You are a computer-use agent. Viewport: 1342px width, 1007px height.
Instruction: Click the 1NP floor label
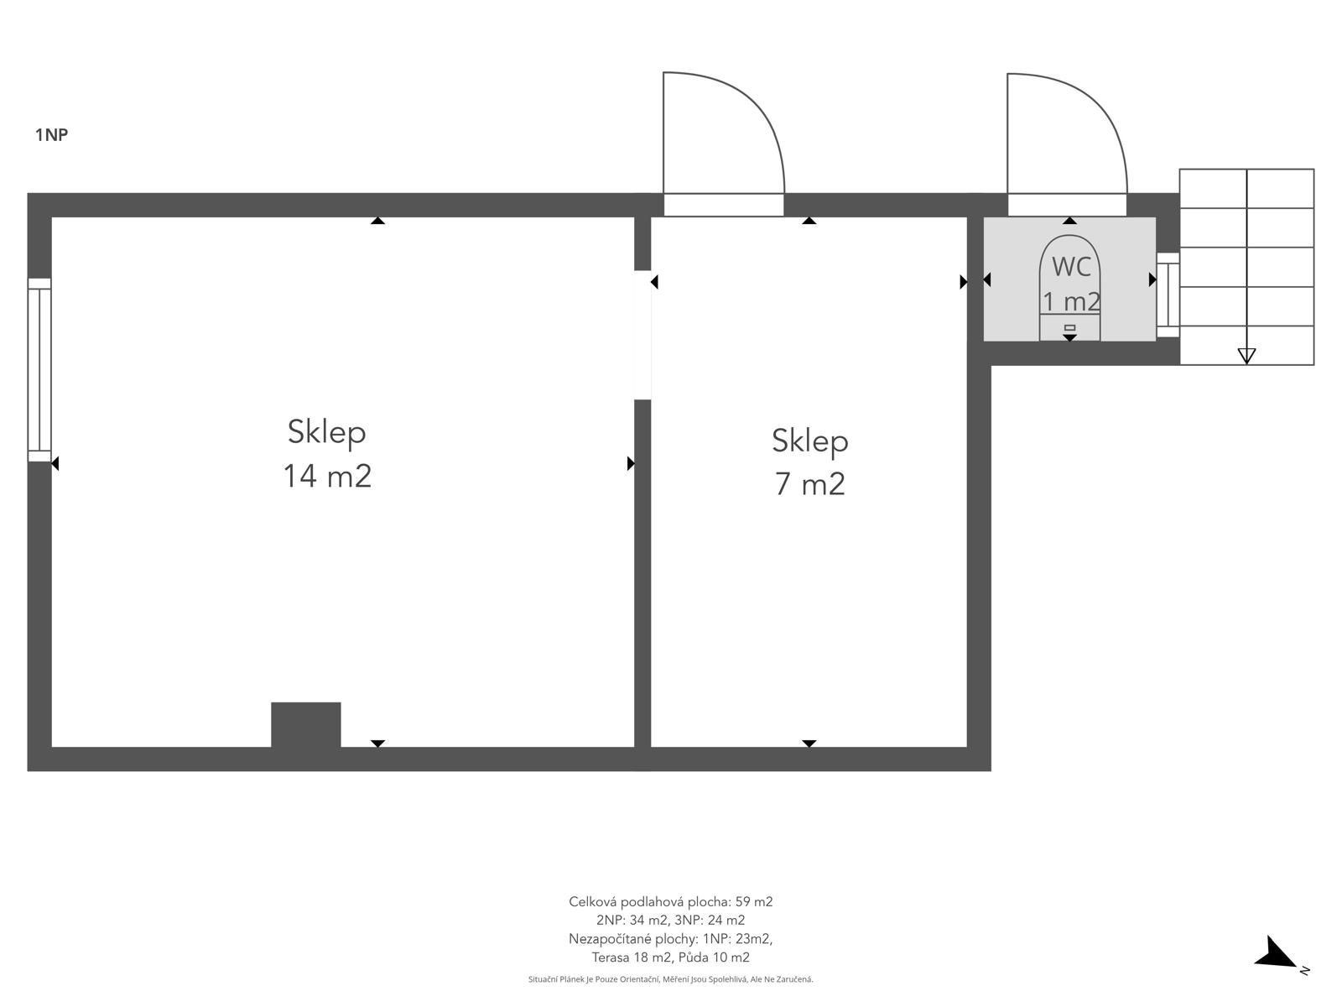coord(51,134)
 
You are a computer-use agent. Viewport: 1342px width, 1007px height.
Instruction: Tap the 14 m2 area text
coord(327,476)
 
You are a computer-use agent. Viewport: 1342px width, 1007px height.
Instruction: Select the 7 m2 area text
coord(809,484)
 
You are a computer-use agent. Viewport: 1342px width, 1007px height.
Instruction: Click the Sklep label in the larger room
coord(326,432)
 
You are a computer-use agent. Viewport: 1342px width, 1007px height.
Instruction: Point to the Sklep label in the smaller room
coord(809,441)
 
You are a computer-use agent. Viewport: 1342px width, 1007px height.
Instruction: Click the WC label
coord(1071,267)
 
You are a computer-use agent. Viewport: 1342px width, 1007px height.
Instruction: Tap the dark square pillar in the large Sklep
coord(305,724)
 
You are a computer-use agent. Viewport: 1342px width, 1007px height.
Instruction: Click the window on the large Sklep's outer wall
coord(39,369)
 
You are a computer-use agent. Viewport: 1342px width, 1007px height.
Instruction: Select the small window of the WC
coord(1168,295)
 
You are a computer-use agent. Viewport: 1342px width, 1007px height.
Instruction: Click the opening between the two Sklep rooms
coord(642,335)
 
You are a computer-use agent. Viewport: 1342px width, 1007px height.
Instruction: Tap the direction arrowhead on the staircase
coord(1246,355)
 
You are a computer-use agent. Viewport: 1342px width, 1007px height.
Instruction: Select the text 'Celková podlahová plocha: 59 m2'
coord(671,902)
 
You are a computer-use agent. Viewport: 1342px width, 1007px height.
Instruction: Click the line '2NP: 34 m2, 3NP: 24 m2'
coord(671,921)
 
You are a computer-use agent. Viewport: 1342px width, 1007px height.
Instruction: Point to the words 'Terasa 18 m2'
coord(631,957)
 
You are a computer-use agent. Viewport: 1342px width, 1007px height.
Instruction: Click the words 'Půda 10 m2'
coord(714,957)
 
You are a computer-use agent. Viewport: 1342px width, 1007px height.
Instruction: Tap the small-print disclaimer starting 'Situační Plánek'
coord(671,979)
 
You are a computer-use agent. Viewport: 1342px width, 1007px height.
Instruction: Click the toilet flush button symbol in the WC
coord(1069,328)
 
